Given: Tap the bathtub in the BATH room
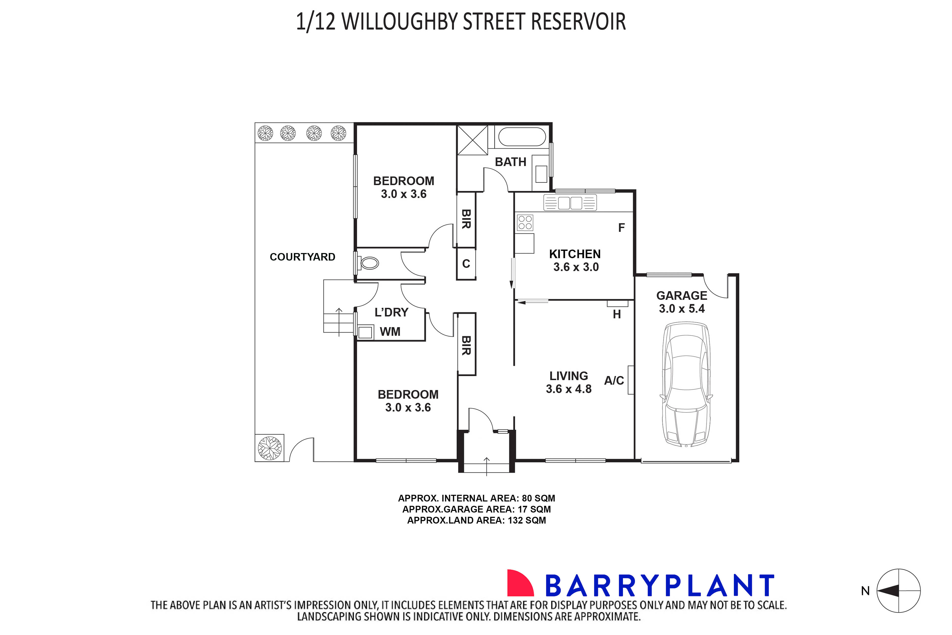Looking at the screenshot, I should (522, 137).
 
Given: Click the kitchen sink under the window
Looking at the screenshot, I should (570, 202).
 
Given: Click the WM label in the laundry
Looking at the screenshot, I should (390, 332).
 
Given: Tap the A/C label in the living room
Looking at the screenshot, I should (614, 380).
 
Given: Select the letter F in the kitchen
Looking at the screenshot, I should (621, 228).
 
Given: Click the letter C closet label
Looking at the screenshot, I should (466, 264).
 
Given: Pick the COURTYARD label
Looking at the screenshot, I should (302, 257).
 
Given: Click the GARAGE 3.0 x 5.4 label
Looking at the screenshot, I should (681, 302).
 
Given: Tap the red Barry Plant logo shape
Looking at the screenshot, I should (520, 583).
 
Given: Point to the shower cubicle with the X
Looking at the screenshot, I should (472, 140).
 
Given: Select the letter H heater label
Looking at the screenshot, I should (616, 314).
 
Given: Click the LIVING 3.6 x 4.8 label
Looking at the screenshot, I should (569, 382).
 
